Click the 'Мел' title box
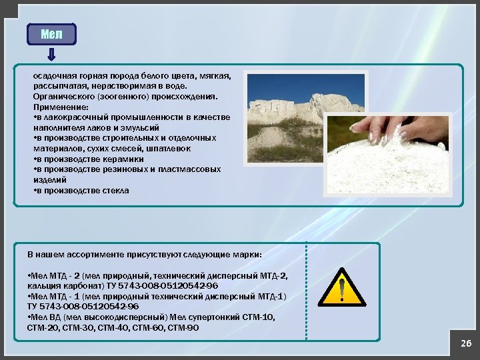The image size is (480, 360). coord(51,34)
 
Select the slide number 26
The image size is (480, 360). coord(466,343)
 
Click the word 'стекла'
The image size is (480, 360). coord(116,190)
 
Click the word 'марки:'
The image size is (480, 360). coord(247,255)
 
